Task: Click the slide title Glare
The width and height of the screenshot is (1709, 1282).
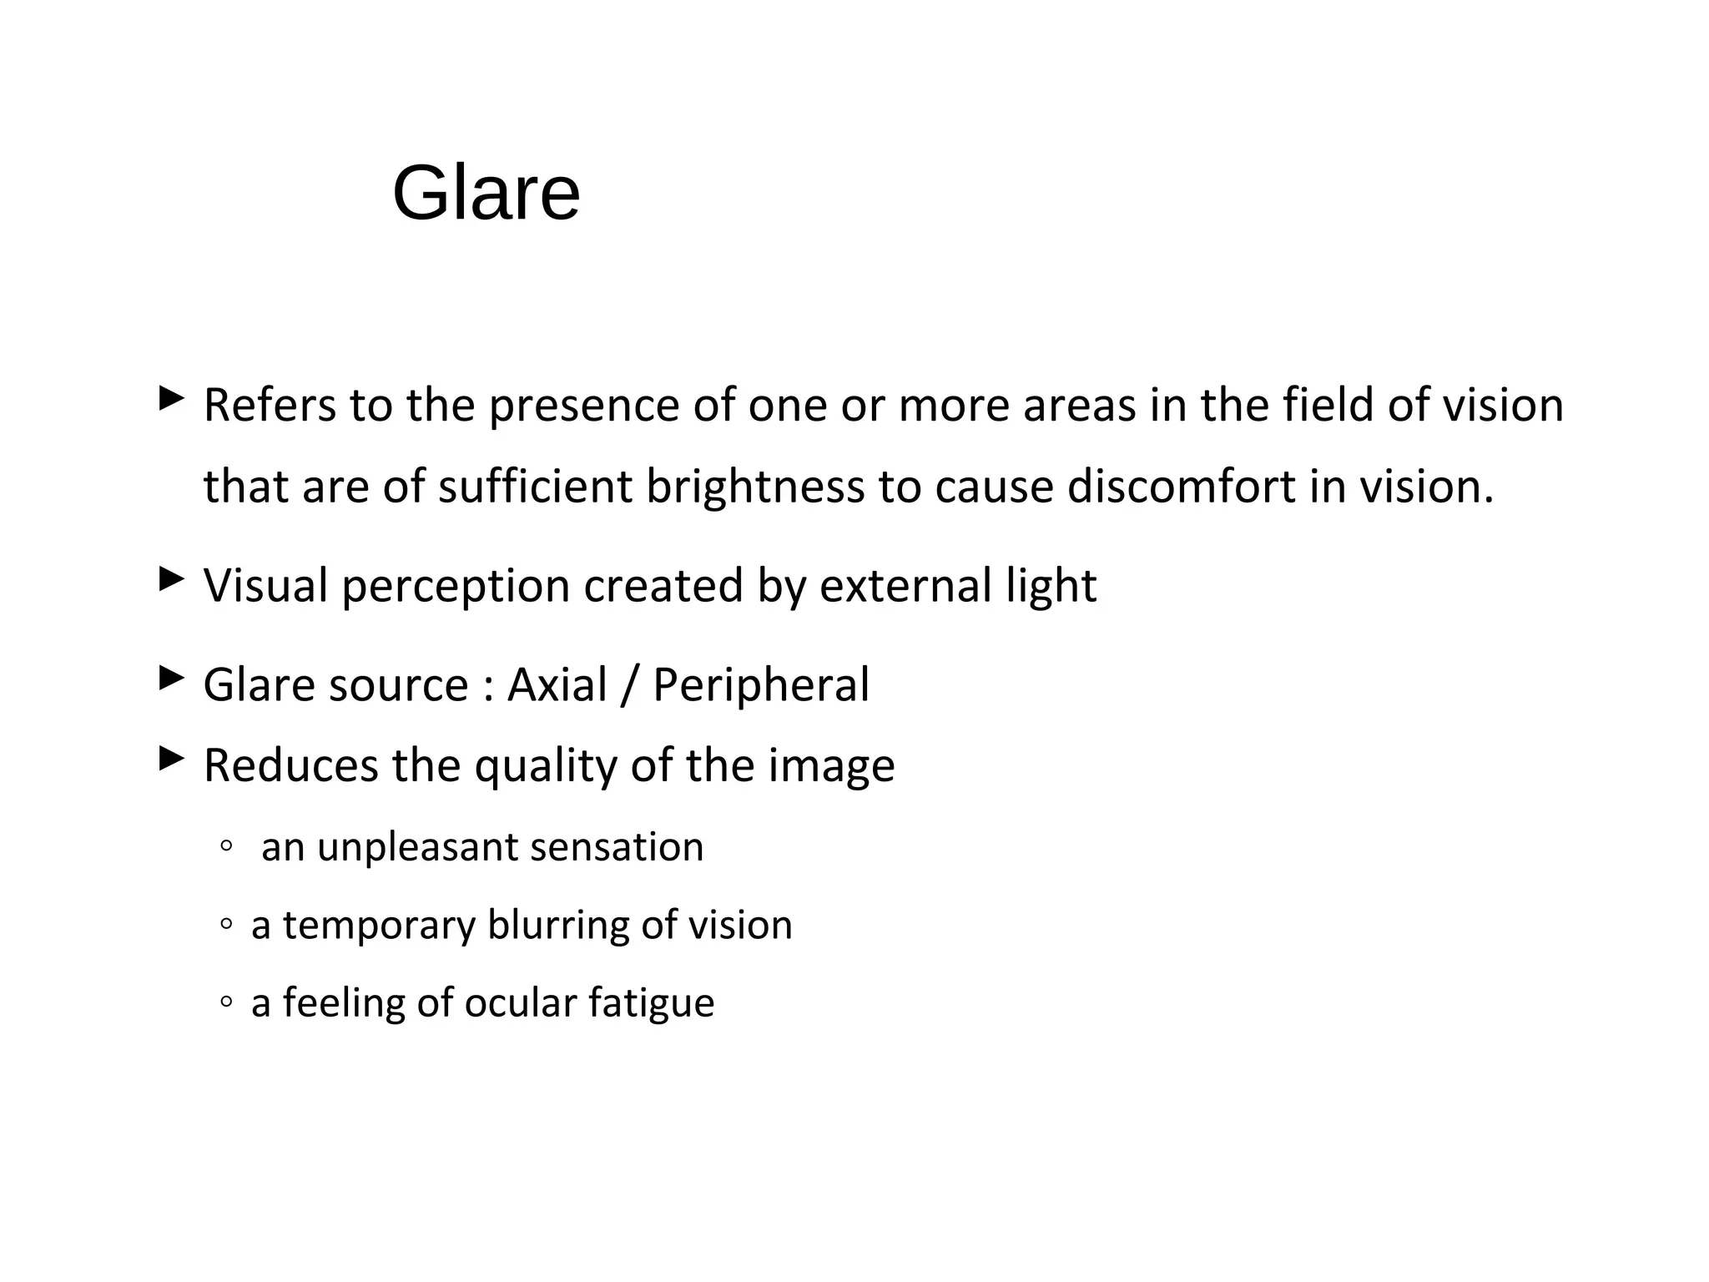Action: [486, 194]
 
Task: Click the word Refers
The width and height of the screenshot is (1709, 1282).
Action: [270, 406]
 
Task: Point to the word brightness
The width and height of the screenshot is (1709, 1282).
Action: [755, 487]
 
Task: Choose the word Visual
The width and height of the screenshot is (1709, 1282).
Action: [265, 585]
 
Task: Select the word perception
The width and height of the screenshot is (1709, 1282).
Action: [455, 587]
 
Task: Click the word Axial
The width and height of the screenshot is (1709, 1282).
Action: [557, 685]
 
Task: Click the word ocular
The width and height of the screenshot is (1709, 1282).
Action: [520, 1003]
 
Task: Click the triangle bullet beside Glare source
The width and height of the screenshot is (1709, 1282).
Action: [170, 679]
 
